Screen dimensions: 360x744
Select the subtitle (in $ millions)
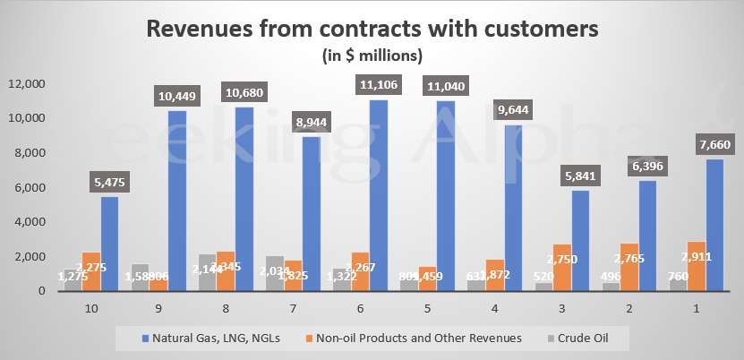pos(372,56)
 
